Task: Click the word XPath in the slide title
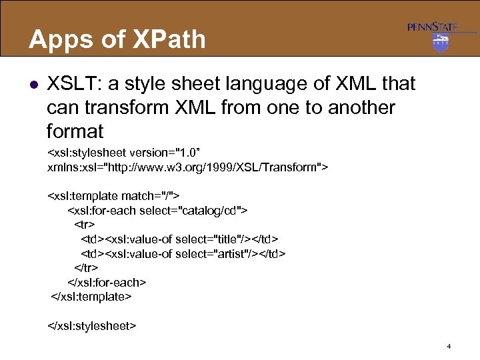[x=170, y=39]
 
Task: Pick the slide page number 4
[x=449, y=346]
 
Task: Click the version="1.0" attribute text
[x=191, y=151]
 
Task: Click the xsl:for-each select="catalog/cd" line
[x=157, y=210]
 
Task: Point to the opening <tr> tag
[x=84, y=224]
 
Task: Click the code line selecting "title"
[x=179, y=239]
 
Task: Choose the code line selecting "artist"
[x=183, y=253]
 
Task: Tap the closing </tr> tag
[x=84, y=268]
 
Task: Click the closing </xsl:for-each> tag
[x=107, y=282]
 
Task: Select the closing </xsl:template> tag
[x=91, y=296]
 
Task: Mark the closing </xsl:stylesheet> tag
[x=92, y=325]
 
